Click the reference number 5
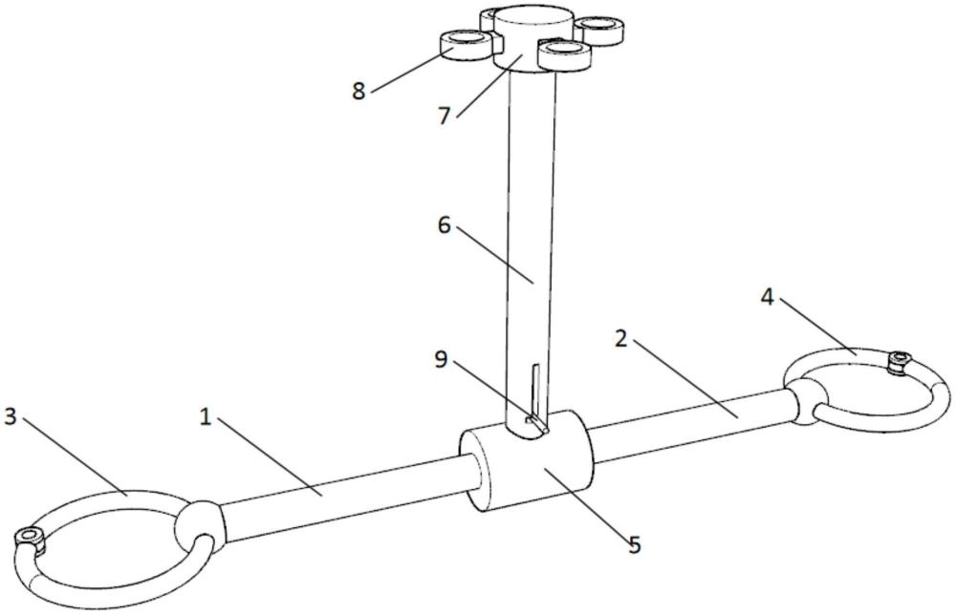635,544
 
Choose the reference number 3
11,417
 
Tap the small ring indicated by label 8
464,43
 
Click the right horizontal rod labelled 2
688,418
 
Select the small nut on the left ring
28,541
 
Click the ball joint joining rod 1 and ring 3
199,522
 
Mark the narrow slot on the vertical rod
535,392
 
